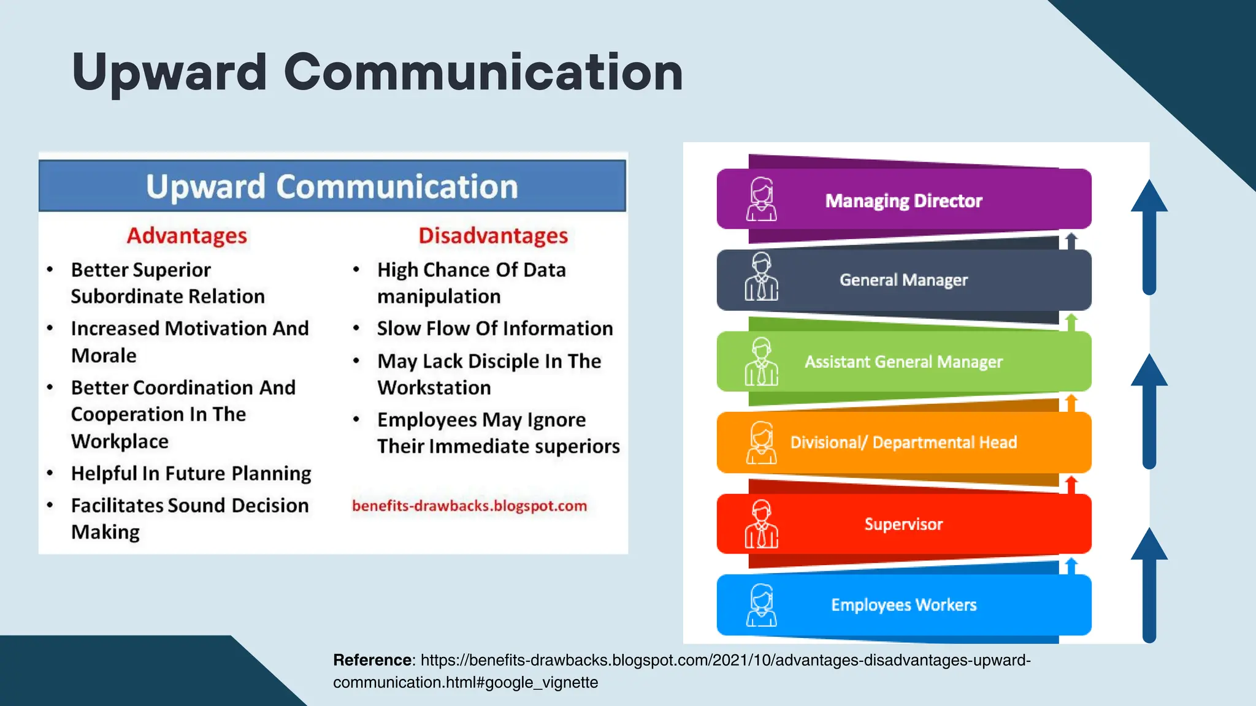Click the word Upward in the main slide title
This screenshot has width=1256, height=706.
click(x=169, y=73)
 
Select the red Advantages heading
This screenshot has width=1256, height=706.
click(x=186, y=236)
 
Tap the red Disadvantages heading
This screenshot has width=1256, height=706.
click(x=493, y=236)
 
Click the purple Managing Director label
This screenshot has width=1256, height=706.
click(x=903, y=201)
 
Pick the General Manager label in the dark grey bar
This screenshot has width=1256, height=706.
click(x=903, y=280)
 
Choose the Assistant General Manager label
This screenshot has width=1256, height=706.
click(x=903, y=362)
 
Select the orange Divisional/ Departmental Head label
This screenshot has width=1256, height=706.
click(x=903, y=442)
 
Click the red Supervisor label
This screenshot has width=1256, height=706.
click(x=903, y=525)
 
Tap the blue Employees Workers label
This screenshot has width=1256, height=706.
click(x=903, y=605)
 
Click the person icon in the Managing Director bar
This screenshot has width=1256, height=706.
click(x=761, y=200)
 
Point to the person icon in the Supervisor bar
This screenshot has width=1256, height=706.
click(x=761, y=525)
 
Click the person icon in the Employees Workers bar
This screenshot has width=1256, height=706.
click(x=761, y=605)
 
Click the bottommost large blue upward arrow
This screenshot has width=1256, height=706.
click(x=1149, y=585)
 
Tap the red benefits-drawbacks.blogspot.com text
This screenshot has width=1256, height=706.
click(x=469, y=506)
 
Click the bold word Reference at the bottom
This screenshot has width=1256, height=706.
click(x=372, y=660)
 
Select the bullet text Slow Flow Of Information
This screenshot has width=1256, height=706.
click(x=494, y=328)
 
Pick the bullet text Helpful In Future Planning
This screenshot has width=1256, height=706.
click(x=191, y=474)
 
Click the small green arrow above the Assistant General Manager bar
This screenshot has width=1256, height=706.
click(x=1071, y=322)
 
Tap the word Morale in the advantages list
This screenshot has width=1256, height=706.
click(x=104, y=356)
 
